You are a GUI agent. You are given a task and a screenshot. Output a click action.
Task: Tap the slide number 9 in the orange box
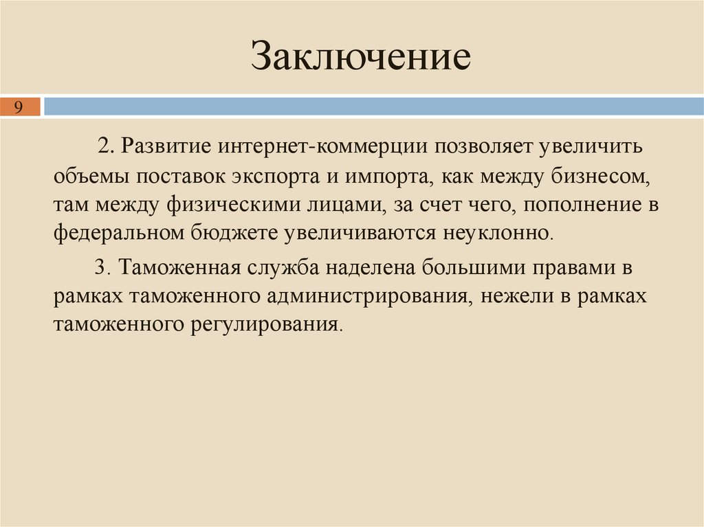point(19,106)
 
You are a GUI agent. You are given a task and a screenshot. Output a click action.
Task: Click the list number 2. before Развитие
point(104,147)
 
